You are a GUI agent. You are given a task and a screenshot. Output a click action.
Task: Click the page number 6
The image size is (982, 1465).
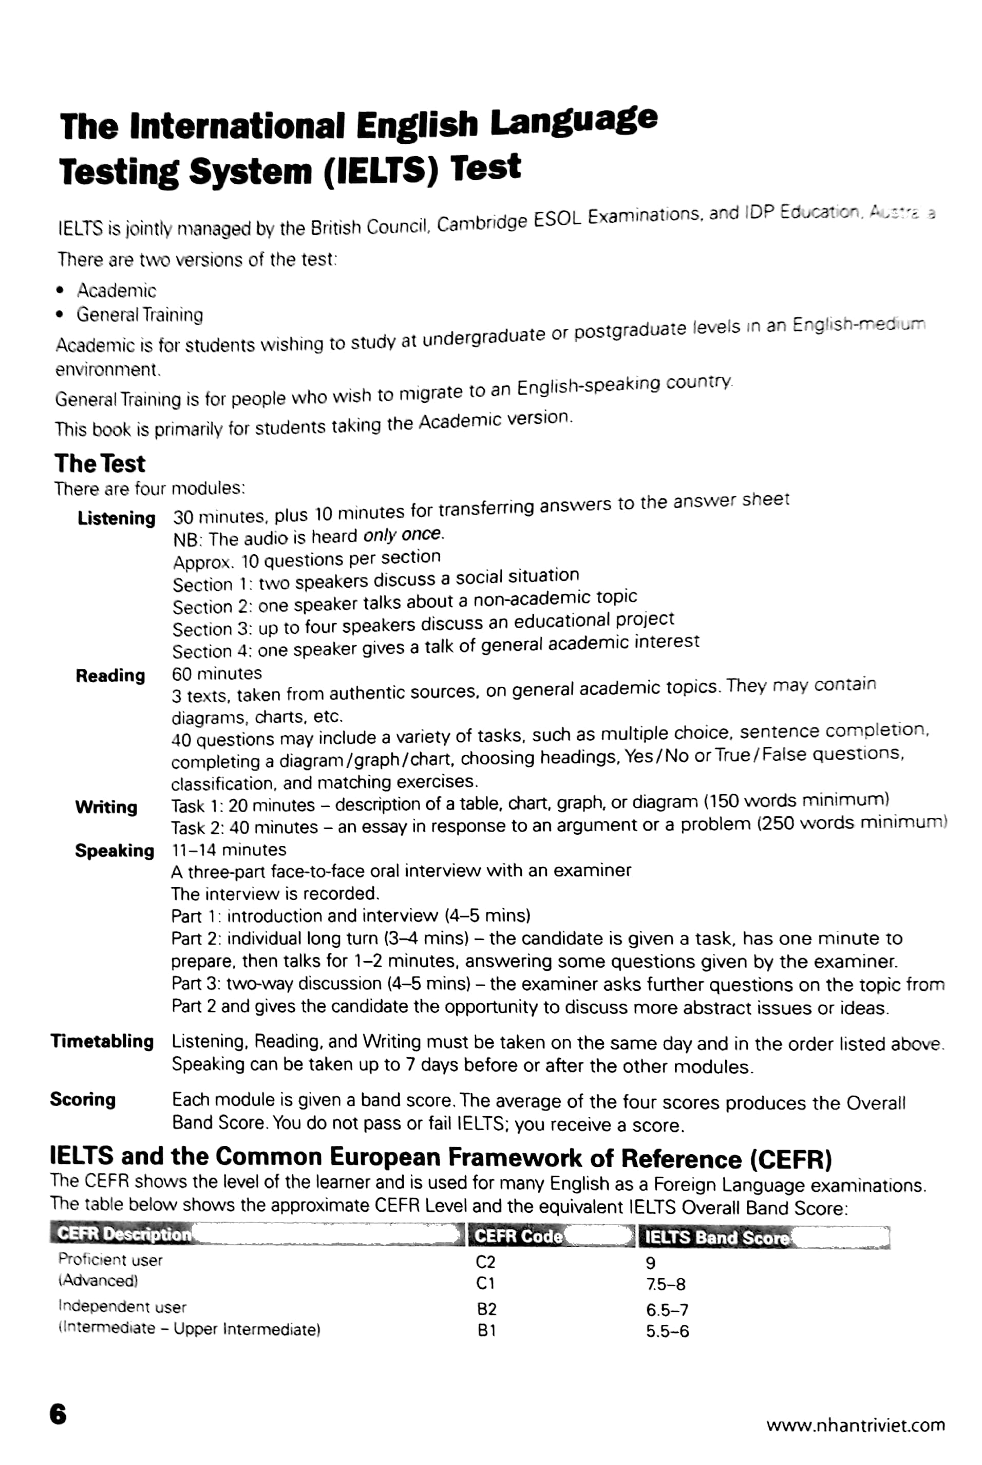pyautogui.click(x=58, y=1414)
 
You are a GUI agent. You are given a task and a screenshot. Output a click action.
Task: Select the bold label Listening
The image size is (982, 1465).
pyautogui.click(x=117, y=519)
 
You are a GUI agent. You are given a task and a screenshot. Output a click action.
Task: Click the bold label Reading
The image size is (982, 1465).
pyautogui.click(x=110, y=676)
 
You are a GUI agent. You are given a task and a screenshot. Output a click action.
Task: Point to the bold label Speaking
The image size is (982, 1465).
pyautogui.click(x=115, y=851)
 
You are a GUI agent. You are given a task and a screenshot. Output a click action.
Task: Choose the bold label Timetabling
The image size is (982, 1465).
pyautogui.click(x=102, y=1042)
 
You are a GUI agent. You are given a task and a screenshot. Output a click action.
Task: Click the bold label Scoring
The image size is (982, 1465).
pyautogui.click(x=83, y=1099)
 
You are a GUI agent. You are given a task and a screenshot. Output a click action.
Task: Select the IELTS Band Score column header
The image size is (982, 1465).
pyautogui.click(x=716, y=1237)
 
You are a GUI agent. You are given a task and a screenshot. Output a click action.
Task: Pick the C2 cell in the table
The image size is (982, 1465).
pyautogui.click(x=485, y=1262)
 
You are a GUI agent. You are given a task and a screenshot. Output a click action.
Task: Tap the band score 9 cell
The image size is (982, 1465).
pyautogui.click(x=650, y=1263)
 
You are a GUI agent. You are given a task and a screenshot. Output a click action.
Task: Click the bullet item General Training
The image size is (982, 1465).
pyautogui.click(x=140, y=314)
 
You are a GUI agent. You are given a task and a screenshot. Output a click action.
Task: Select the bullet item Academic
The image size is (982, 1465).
pyautogui.click(x=117, y=290)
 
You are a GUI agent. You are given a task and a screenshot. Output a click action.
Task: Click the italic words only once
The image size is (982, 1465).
pyautogui.click(x=403, y=535)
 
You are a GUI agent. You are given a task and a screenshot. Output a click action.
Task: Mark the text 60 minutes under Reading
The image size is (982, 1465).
pyautogui.click(x=217, y=673)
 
